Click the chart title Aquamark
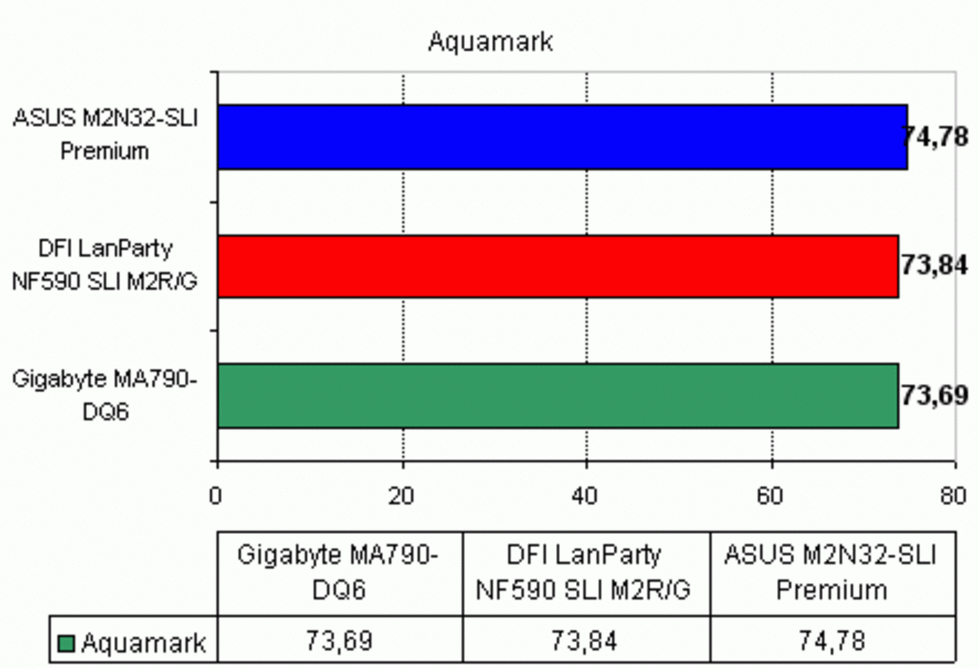coord(490,42)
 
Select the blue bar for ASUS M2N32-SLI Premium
coord(562,137)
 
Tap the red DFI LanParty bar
coord(558,266)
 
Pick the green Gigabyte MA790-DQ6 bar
coord(558,396)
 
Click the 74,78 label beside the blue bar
coord(935,137)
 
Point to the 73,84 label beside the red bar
coord(935,266)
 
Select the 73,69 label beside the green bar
coord(935,395)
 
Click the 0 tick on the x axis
coord(216,496)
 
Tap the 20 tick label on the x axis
coord(401,496)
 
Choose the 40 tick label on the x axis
coord(585,496)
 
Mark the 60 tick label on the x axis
coord(769,496)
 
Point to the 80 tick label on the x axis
coord(953,496)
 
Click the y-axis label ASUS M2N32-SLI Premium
coord(106,135)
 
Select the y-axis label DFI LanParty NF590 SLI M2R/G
coord(105,265)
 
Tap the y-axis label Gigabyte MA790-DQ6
coord(105,395)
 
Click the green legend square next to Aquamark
coord(66,644)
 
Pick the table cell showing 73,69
coord(339,641)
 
